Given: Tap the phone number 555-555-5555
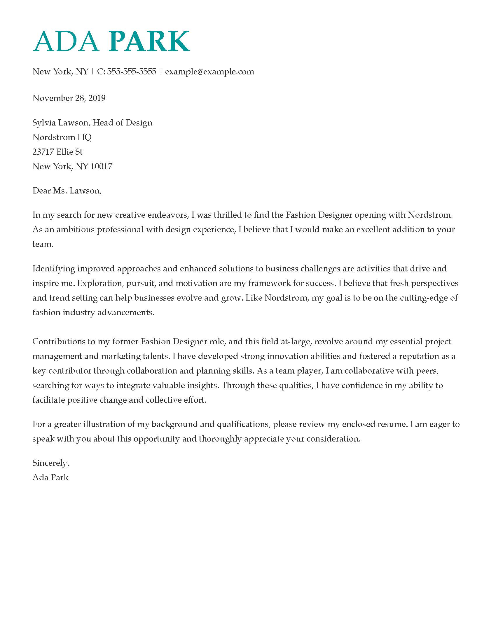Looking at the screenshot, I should click(x=131, y=72).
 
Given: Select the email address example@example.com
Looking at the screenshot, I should click(x=209, y=72).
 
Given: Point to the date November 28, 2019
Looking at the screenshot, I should click(x=69, y=98).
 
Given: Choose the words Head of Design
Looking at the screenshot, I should click(x=123, y=123).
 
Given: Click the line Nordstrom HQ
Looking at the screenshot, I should click(x=62, y=137).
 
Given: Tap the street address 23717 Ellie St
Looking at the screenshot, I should click(x=57, y=152).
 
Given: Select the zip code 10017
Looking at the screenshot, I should click(x=101, y=167).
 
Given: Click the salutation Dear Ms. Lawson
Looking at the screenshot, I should click(x=67, y=191).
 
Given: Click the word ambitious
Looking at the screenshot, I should click(x=75, y=230).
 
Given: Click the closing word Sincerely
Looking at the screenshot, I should click(x=50, y=463).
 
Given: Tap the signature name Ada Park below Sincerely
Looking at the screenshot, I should click(x=50, y=477).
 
